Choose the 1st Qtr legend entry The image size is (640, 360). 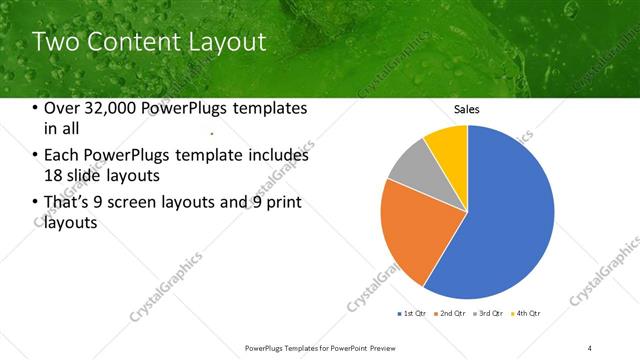413,314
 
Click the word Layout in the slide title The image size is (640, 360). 228,42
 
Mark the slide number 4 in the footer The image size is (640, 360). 590,347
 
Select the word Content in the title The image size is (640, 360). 132,42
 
